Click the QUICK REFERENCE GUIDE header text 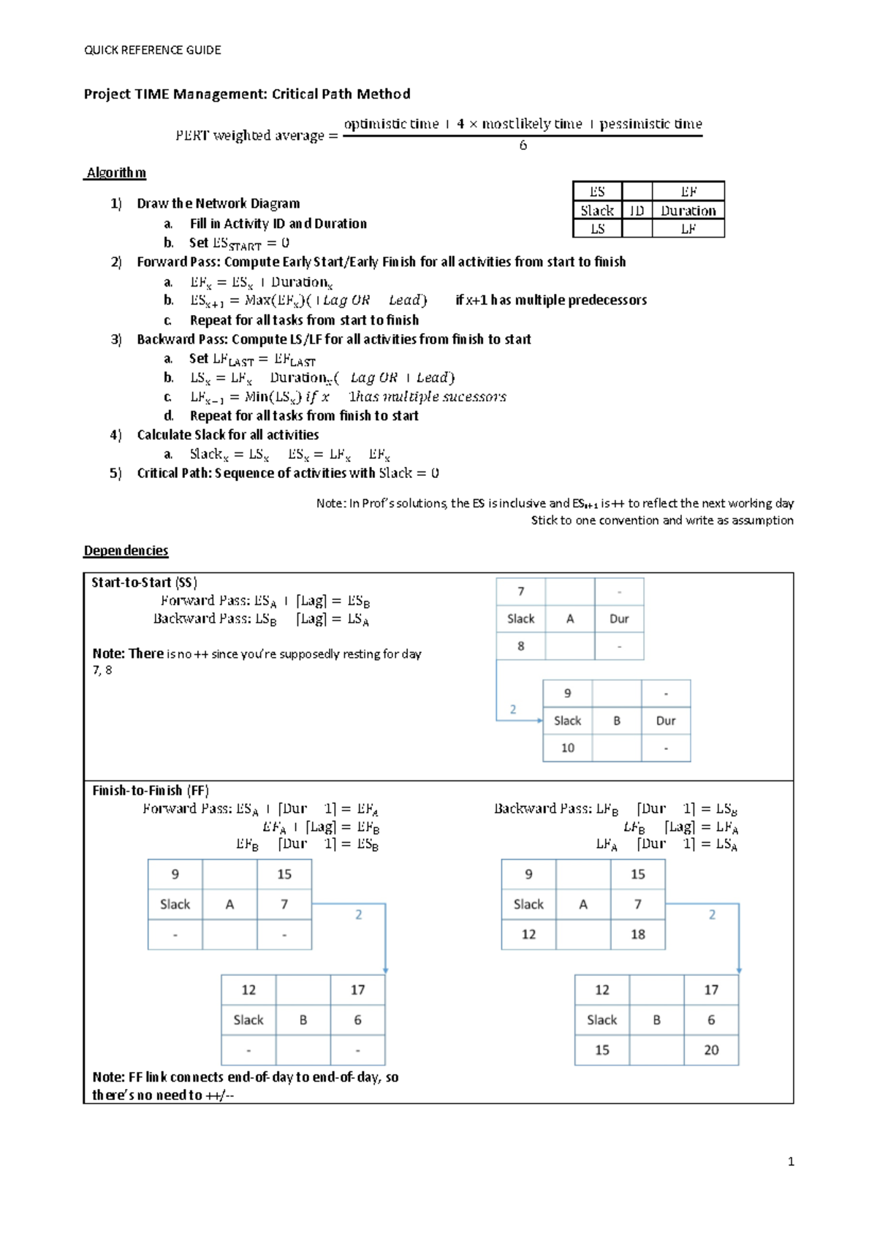(152, 50)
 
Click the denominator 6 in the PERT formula (523, 145)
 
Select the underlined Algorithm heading (115, 172)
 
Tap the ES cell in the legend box (597, 191)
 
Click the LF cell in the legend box (688, 229)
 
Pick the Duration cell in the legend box (688, 210)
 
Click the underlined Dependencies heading (126, 550)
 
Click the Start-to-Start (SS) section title (144, 582)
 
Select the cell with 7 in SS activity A (520, 591)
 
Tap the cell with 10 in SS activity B (567, 748)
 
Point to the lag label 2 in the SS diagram (513, 709)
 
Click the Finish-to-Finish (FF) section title (151, 791)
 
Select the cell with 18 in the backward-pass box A (637, 934)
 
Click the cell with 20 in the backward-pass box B (710, 1050)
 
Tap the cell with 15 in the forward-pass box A (284, 874)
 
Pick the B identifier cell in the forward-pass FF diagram (303, 1020)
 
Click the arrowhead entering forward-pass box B (385, 971)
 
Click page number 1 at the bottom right (791, 1161)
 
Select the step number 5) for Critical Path (115, 473)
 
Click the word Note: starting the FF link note (108, 1077)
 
